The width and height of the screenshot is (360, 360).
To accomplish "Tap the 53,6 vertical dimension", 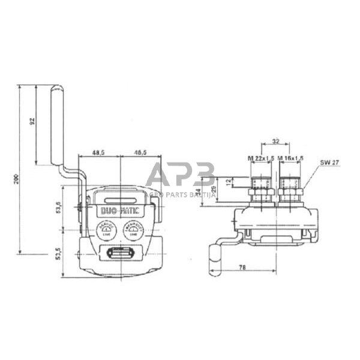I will coord(58,208).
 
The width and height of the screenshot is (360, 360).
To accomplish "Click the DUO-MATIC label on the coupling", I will coord(120,211).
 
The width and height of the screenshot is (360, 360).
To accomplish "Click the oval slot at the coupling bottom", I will coord(120,254).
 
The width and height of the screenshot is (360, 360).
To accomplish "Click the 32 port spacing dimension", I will coord(275,142).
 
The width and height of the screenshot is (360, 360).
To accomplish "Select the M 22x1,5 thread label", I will coord(260,158).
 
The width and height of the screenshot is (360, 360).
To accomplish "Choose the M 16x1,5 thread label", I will coord(290,158).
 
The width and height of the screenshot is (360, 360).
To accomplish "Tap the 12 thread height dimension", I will coord(227,181).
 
